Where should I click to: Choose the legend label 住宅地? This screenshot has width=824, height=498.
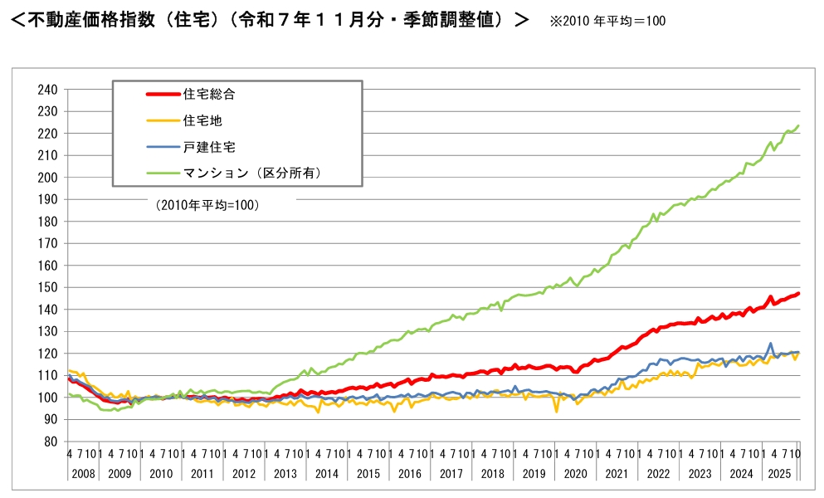pos(197,120)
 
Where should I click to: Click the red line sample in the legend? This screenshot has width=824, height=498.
pos(161,95)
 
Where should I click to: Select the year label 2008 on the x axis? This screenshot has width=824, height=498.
pos(82,473)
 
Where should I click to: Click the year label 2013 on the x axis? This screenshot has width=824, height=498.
pos(285,473)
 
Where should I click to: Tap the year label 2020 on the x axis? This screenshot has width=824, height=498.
pos(574,473)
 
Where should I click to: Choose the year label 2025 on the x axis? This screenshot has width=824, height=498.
pos(780,473)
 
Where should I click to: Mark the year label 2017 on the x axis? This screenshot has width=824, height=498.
pos(451,473)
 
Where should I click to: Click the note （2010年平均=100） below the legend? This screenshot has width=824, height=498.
pos(207,204)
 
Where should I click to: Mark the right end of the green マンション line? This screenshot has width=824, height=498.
pos(798,126)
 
